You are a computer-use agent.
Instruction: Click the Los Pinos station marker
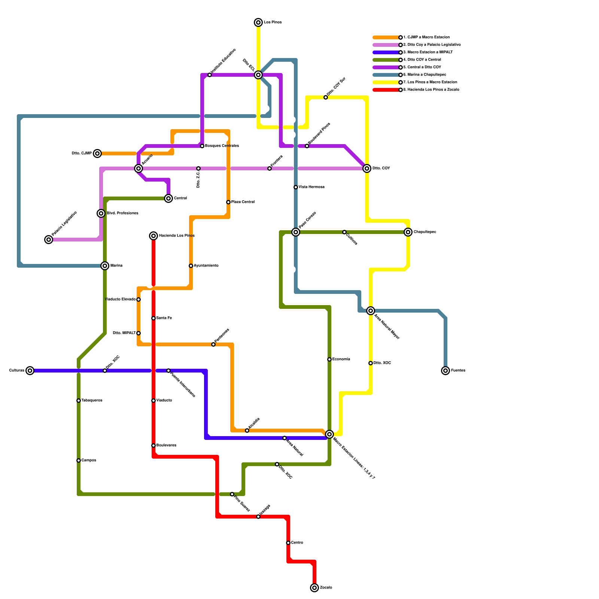click(258, 22)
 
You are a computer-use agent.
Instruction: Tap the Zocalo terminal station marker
click(314, 588)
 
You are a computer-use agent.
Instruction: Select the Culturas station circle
click(30, 371)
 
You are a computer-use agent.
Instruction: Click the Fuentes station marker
click(446, 371)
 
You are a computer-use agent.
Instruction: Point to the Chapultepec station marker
click(408, 232)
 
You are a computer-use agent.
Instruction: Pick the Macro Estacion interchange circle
click(329, 434)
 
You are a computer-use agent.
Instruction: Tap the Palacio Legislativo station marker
click(49, 240)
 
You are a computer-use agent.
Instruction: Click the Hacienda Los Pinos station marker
click(153, 236)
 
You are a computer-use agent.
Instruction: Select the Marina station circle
click(105, 266)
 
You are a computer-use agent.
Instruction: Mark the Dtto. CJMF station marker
click(97, 153)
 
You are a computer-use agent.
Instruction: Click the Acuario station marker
click(139, 168)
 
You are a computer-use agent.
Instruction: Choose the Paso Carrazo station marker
click(296, 232)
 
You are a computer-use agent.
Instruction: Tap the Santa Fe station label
click(164, 318)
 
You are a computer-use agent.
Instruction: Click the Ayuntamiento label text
click(206, 266)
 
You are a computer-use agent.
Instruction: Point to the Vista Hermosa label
click(311, 187)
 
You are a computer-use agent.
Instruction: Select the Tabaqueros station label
click(92, 401)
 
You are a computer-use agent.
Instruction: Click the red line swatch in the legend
click(386, 90)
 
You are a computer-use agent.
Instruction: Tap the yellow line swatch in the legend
click(386, 82)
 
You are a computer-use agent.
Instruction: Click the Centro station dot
click(288, 543)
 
